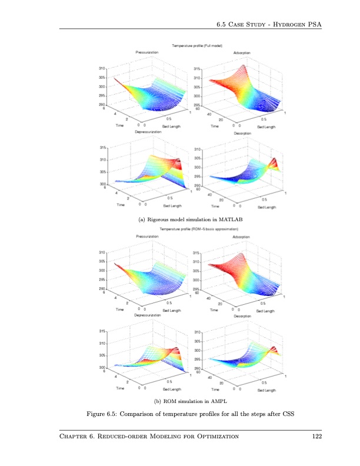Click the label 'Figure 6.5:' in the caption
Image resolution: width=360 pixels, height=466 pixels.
click(103, 415)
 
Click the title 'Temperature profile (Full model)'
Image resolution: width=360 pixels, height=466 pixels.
click(196, 46)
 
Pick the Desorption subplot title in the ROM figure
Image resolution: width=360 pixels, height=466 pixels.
click(242, 315)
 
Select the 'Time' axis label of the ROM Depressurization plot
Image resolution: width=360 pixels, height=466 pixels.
click(120, 388)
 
